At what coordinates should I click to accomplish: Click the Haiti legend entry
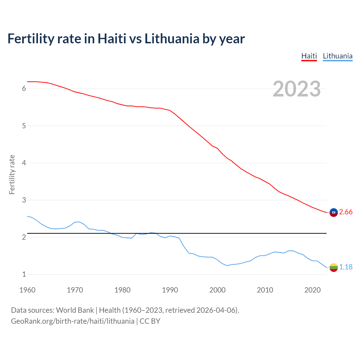pos(309,56)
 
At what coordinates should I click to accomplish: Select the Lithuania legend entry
pos(337,56)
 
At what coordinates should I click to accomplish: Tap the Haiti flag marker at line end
pos(334,213)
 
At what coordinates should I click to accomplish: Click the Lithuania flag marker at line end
pos(334,267)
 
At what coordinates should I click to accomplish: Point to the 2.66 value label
pos(346,212)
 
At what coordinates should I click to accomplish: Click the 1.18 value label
pos(346,267)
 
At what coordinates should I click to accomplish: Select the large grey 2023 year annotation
pos(296,89)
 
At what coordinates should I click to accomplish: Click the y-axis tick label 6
pos(24,89)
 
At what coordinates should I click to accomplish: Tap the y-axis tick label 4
pos(24,163)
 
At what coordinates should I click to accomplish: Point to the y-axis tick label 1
pos(24,274)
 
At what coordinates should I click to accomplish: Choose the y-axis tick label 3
pos(24,200)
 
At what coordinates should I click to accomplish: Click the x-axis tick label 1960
pos(27,290)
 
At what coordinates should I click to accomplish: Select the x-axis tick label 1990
pos(170,290)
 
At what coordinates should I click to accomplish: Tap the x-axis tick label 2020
pos(312,290)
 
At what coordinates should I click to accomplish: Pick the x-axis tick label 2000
pos(217,290)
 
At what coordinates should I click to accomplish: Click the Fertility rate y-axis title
pos(12,174)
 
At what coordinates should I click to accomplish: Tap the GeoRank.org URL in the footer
pos(73,321)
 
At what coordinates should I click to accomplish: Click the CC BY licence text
pos(150,321)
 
